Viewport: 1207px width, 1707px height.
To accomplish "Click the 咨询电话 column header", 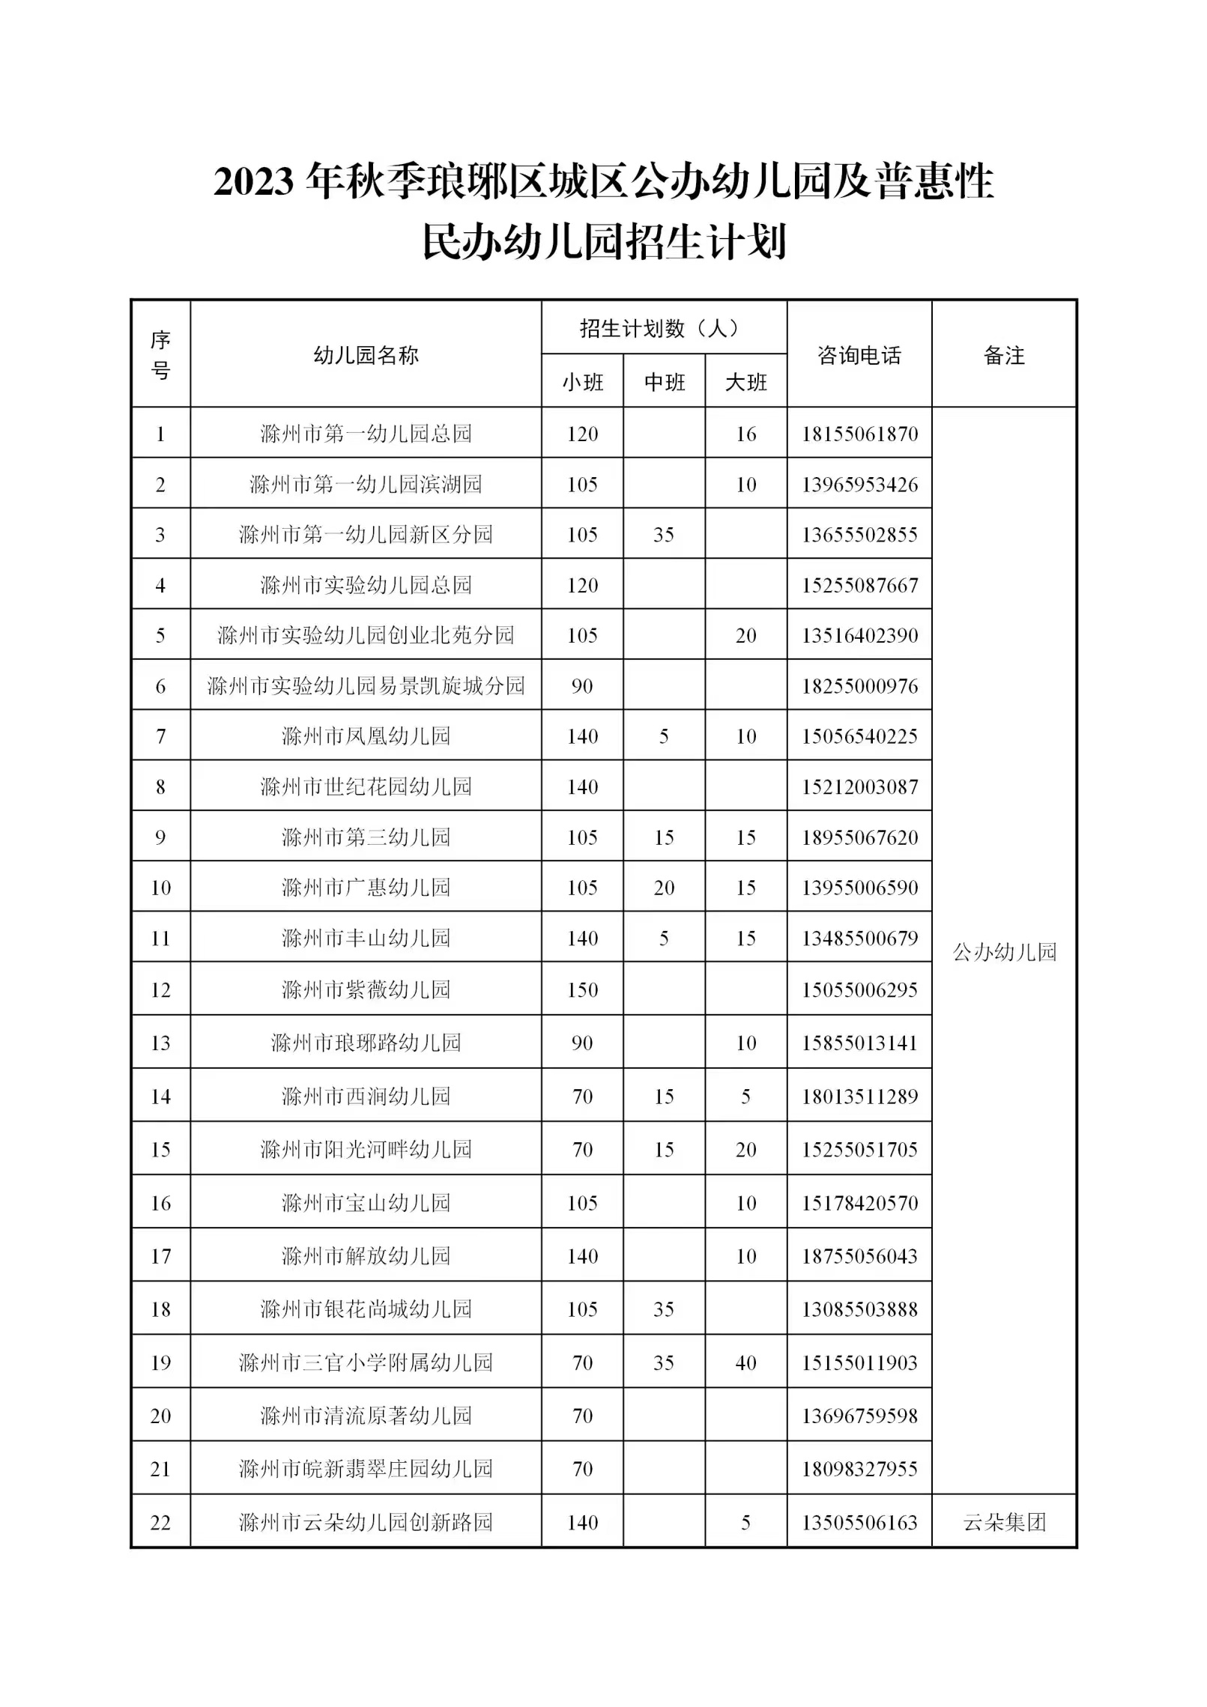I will [x=859, y=355].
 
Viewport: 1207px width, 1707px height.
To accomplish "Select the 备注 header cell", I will [x=1003, y=355].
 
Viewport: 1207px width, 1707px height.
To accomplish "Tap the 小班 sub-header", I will [x=582, y=383].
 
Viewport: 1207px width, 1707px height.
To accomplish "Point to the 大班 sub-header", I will [x=745, y=383].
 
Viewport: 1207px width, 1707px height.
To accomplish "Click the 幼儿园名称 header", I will [x=366, y=355].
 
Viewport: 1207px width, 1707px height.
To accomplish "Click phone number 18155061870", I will [x=859, y=434].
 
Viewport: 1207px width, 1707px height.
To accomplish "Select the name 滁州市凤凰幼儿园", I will [x=366, y=736].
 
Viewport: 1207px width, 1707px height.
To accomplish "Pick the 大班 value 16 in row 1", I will [x=745, y=434].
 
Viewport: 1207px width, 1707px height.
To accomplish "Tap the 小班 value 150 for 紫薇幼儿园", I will [x=582, y=989].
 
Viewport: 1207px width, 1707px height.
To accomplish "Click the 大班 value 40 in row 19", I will [x=745, y=1362].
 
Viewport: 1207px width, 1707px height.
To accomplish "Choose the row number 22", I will [x=160, y=1523].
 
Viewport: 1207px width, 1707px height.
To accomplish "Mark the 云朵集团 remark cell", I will [x=1004, y=1523].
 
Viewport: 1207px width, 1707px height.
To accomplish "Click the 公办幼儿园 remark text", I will [x=1004, y=952].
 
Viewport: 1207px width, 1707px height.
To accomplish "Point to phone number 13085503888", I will [x=859, y=1309].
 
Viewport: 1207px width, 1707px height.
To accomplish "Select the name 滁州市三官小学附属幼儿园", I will [x=366, y=1362].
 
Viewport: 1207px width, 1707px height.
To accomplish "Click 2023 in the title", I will [x=252, y=182].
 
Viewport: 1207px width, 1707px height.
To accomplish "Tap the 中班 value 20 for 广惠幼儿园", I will [x=664, y=888].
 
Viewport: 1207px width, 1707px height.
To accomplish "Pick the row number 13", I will [x=160, y=1043].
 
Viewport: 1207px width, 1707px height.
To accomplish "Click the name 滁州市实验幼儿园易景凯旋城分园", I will [x=366, y=685].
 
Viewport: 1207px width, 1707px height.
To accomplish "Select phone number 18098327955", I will [x=859, y=1469].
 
